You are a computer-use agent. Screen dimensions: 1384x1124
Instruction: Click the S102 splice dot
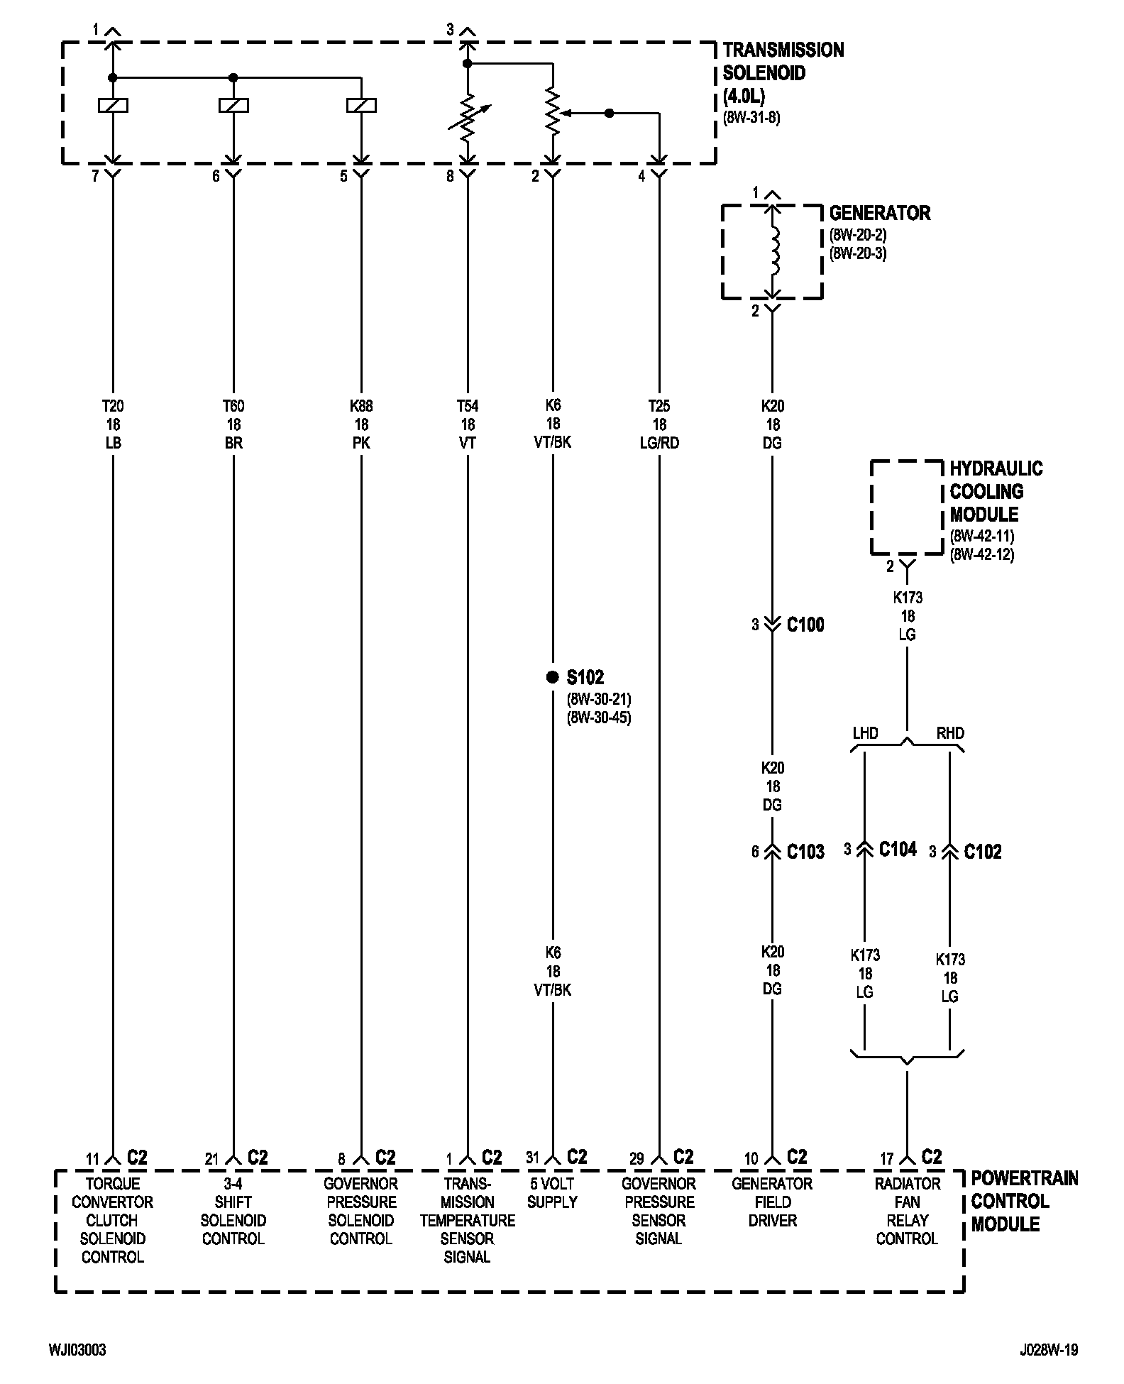tap(552, 677)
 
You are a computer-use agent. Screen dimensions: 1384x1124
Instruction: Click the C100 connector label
tap(805, 625)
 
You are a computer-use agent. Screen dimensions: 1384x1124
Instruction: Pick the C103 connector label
tap(805, 851)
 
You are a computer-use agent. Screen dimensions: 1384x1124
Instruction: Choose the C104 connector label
tap(898, 849)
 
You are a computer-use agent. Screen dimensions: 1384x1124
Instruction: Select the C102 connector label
tap(983, 851)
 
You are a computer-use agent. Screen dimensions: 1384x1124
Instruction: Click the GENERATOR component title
tap(879, 213)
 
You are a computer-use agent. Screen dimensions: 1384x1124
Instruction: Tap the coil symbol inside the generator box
tap(774, 252)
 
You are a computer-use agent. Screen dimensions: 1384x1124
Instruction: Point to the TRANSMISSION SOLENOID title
tap(783, 72)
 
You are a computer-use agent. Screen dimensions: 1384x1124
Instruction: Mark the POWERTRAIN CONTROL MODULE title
tap(1023, 1201)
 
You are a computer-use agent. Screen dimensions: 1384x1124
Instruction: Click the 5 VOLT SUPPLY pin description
tap(552, 1192)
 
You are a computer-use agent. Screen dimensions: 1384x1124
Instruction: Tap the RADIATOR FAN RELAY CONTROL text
tap(907, 1211)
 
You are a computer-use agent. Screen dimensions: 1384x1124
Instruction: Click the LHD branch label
tap(865, 733)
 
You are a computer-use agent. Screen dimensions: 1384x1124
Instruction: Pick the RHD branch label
tap(950, 733)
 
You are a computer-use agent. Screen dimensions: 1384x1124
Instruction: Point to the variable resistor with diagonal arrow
tap(468, 118)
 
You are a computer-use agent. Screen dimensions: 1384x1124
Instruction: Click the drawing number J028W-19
tap(1049, 1349)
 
